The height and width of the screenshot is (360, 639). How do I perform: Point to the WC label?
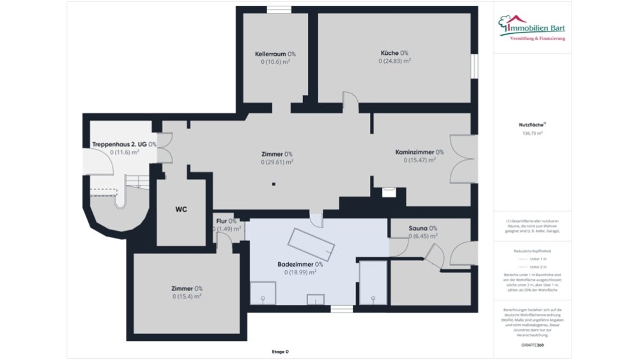[181, 209]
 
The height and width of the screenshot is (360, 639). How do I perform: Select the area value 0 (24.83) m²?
[394, 61]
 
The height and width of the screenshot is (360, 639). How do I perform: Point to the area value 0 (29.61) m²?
[277, 162]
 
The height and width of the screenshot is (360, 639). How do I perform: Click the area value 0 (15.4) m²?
[187, 296]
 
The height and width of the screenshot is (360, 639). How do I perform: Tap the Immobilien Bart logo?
[532, 28]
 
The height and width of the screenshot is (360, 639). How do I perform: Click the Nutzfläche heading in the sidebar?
[532, 126]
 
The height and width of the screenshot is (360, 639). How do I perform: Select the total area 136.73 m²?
[532, 134]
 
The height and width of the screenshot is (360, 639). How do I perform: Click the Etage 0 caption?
[280, 352]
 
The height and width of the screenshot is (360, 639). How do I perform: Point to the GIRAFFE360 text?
[532, 345]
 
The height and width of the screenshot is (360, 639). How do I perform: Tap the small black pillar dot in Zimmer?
[273, 185]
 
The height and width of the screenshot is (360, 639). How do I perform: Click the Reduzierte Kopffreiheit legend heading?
[532, 251]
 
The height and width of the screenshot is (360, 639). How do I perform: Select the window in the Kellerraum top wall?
[279, 9]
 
